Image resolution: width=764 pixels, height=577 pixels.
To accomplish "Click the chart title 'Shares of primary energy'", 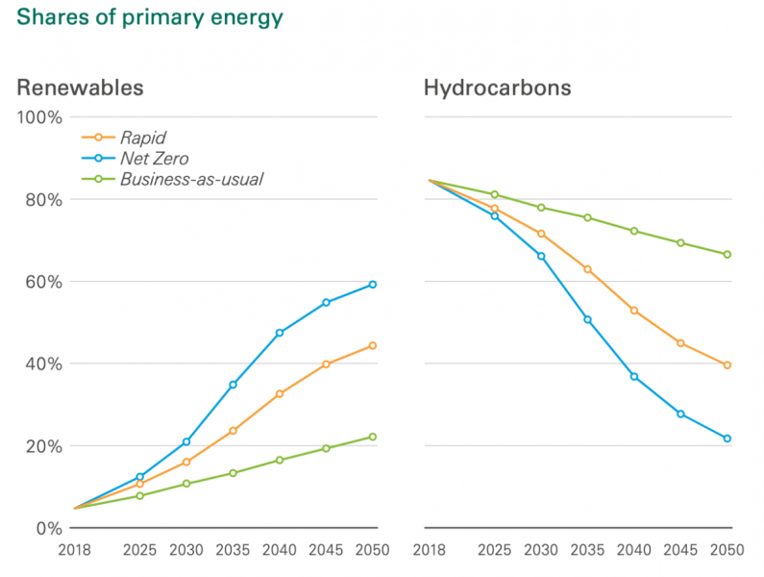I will (150, 18).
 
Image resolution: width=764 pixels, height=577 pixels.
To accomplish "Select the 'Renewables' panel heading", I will (80, 88).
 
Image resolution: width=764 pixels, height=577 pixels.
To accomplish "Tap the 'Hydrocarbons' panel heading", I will (497, 88).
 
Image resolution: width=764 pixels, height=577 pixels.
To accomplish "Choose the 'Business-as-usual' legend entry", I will (191, 179).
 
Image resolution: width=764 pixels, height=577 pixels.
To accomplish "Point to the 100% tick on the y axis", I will (39, 117).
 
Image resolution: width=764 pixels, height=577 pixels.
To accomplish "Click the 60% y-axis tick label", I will (43, 282).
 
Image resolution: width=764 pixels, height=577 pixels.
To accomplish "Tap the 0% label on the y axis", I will (47, 528).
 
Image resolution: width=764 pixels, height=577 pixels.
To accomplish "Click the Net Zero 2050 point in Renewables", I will (373, 285).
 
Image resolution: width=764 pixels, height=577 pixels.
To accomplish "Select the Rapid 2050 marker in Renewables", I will (373, 346).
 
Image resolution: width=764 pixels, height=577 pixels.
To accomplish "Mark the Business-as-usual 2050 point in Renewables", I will (373, 437).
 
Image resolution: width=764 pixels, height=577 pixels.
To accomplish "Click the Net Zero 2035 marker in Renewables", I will (233, 385).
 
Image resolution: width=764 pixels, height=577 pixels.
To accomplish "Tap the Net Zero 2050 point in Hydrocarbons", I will (727, 439).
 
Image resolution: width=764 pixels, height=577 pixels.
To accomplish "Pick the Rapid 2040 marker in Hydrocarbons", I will (634, 311).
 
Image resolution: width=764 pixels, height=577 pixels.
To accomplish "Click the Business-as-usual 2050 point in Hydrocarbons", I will (727, 255).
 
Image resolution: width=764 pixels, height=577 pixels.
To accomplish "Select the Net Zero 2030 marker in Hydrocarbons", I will (541, 257).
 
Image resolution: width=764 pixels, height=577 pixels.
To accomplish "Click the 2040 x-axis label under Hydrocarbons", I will (634, 551).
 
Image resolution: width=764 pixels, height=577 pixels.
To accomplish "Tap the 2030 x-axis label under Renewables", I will (186, 551).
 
